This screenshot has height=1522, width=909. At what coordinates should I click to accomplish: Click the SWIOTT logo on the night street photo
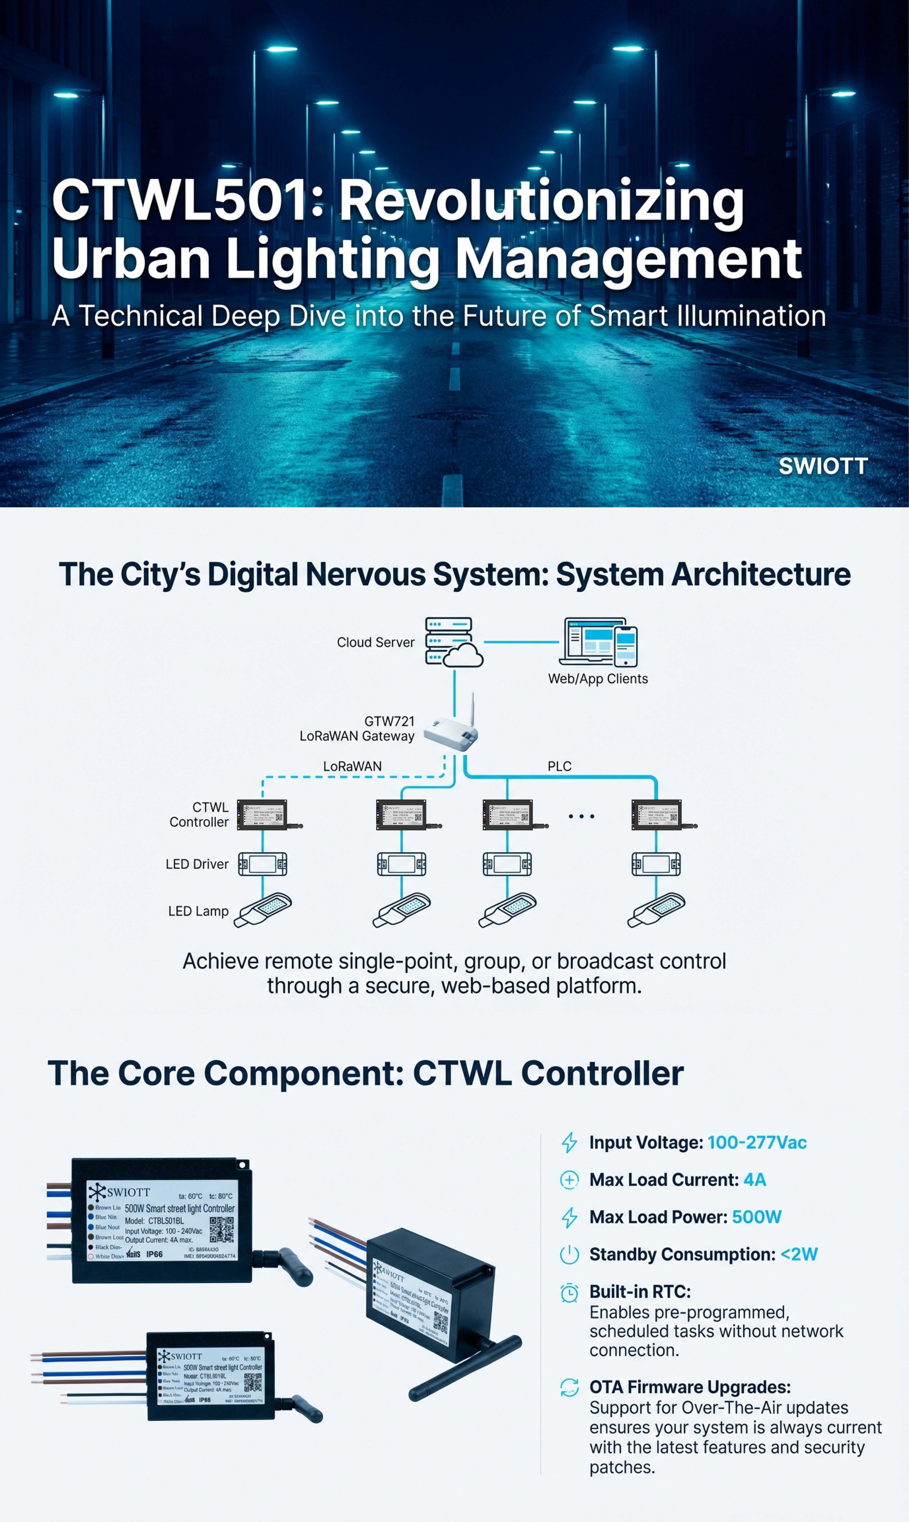point(823,466)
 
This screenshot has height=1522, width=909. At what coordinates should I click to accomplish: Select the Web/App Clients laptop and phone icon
point(599,642)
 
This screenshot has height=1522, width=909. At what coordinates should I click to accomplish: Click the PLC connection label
point(559,766)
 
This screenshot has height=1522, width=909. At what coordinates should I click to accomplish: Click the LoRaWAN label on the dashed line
point(352,766)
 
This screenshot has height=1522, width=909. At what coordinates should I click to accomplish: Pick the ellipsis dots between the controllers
point(581,816)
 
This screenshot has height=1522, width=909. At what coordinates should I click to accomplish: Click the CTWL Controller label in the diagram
point(199,815)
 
